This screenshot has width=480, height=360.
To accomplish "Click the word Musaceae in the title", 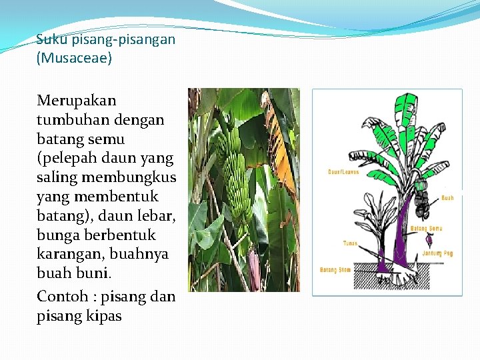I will click(74, 58).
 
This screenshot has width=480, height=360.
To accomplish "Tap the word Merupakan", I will click(77, 101).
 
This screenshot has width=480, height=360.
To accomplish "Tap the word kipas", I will click(103, 315).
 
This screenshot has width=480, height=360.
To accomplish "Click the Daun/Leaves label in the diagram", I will click(343, 171).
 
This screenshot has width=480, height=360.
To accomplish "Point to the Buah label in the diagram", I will click(447, 198).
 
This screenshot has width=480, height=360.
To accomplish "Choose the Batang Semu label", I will click(426, 229).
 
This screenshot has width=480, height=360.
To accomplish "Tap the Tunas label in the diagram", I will click(350, 243).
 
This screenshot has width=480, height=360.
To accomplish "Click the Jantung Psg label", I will click(437, 253).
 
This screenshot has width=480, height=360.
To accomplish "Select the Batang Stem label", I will click(335, 270).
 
